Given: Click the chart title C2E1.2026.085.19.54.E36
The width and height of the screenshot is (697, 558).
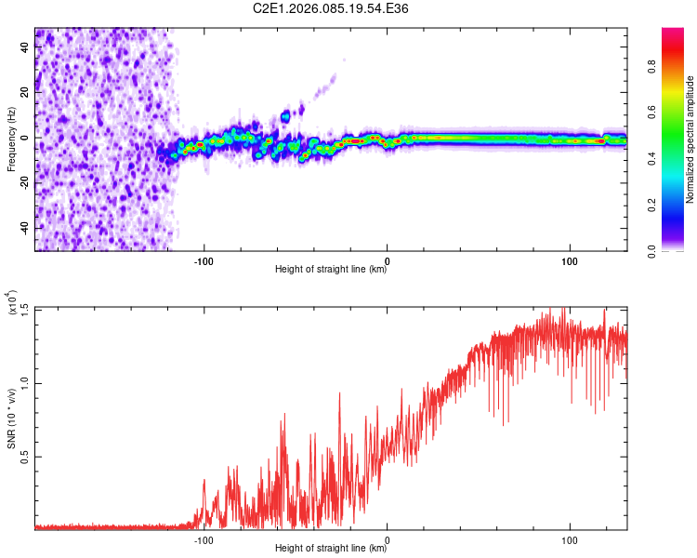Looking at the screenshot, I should [332, 8].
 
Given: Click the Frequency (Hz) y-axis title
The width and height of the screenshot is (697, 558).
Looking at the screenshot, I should [11, 139].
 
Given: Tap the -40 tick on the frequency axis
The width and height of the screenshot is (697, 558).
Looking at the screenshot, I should [24, 228].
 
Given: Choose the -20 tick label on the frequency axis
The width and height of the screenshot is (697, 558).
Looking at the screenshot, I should [24, 183].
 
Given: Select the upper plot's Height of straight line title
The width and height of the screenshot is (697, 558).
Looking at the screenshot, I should [331, 270].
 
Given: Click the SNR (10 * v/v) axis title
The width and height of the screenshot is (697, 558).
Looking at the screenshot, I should [12, 418].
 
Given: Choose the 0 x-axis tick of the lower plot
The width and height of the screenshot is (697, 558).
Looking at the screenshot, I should [387, 538].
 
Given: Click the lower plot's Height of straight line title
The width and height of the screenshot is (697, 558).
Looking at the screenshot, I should [331, 549].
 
